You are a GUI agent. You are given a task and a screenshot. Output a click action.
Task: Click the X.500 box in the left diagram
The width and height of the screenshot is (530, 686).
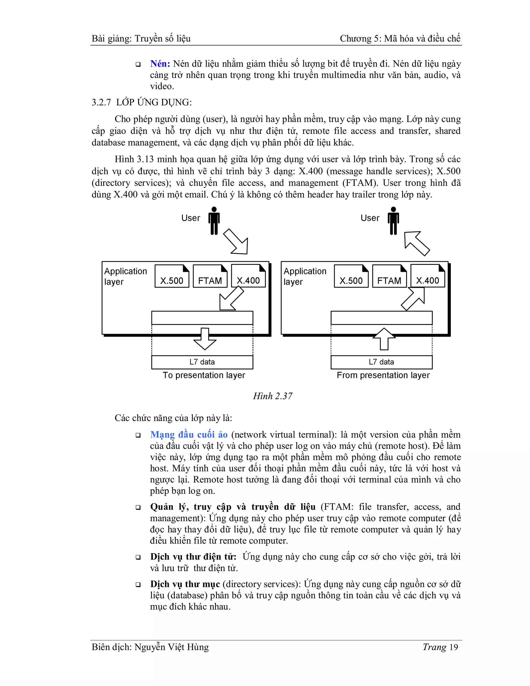[172, 276]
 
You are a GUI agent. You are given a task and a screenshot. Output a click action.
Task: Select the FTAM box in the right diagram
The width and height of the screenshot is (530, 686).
[389, 276]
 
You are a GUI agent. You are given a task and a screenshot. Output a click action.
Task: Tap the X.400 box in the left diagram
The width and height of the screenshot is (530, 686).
[248, 276]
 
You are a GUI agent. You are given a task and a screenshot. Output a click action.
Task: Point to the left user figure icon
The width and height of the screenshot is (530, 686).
[214, 221]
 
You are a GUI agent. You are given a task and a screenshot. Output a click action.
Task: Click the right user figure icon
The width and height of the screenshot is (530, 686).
[393, 221]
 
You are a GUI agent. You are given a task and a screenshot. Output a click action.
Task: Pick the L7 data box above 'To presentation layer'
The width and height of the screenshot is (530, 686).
[202, 362]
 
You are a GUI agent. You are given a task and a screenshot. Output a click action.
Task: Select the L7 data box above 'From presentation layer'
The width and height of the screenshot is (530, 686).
[381, 362]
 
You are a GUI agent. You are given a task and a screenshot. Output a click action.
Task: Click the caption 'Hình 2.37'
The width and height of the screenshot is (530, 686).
[273, 396]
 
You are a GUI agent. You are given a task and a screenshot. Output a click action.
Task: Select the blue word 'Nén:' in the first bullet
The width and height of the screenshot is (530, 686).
[160, 64]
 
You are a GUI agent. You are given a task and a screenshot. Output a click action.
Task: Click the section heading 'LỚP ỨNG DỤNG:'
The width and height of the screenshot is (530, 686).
[154, 103]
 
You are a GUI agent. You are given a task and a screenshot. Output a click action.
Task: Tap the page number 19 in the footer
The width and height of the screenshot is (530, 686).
[453, 647]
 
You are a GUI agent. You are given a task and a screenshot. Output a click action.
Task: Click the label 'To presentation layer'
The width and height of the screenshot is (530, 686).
[204, 375]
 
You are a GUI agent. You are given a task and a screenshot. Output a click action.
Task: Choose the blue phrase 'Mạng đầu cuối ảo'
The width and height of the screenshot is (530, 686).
[189, 434]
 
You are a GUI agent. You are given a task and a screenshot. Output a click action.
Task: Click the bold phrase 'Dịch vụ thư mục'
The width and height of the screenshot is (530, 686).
[185, 584]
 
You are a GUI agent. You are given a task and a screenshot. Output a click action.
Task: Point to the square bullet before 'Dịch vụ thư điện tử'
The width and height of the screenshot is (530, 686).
[138, 557]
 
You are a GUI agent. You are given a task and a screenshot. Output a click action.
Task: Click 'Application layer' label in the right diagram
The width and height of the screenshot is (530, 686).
[305, 276]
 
